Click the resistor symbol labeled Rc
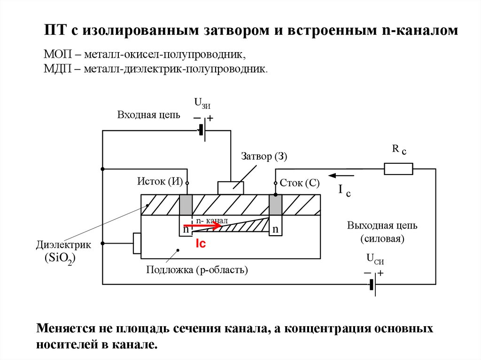click(x=398, y=169)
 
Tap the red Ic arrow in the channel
click(x=202, y=226)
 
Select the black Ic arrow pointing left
click(x=341, y=176)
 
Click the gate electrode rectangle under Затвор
click(x=231, y=188)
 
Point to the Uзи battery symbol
click(x=202, y=130)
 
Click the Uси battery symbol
click(x=372, y=285)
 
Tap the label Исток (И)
click(x=160, y=182)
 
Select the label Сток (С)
click(x=300, y=183)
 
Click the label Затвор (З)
click(x=264, y=156)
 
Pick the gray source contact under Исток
click(x=186, y=205)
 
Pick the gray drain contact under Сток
click(x=275, y=205)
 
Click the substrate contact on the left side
click(x=137, y=244)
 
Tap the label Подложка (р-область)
click(x=197, y=270)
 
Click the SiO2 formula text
click(x=60, y=258)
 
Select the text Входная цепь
click(x=148, y=115)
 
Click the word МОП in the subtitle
click(x=58, y=54)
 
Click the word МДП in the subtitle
click(x=58, y=69)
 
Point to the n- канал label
click(x=212, y=221)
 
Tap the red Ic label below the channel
click(x=201, y=244)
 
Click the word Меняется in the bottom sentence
click(x=66, y=328)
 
